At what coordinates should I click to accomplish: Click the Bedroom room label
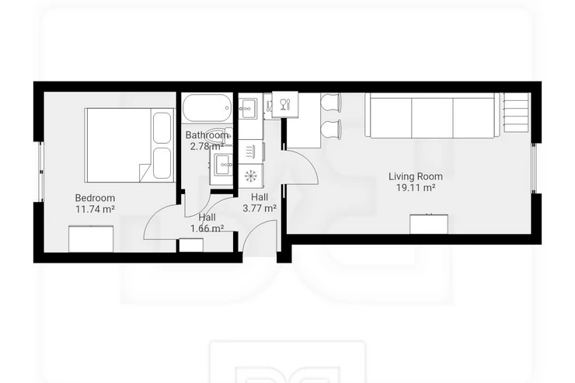(95, 198)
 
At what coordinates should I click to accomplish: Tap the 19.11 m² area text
(416, 188)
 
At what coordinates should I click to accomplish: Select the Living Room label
(416, 176)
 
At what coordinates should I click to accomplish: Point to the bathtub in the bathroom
(207, 108)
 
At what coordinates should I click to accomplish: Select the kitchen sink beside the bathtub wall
(249, 108)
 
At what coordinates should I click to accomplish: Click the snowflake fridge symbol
(251, 176)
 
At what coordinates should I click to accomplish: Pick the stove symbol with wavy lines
(251, 151)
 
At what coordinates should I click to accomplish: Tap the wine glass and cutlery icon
(285, 105)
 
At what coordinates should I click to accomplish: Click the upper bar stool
(330, 102)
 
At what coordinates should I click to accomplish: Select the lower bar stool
(331, 129)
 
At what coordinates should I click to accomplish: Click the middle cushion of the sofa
(432, 117)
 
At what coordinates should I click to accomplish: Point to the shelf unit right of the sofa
(517, 112)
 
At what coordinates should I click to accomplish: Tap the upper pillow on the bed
(162, 127)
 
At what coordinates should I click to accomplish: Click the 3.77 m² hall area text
(260, 208)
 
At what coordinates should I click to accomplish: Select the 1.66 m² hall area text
(207, 228)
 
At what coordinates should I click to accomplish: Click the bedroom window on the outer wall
(41, 172)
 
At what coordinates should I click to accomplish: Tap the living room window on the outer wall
(534, 168)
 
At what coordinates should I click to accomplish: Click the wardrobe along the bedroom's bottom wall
(91, 239)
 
